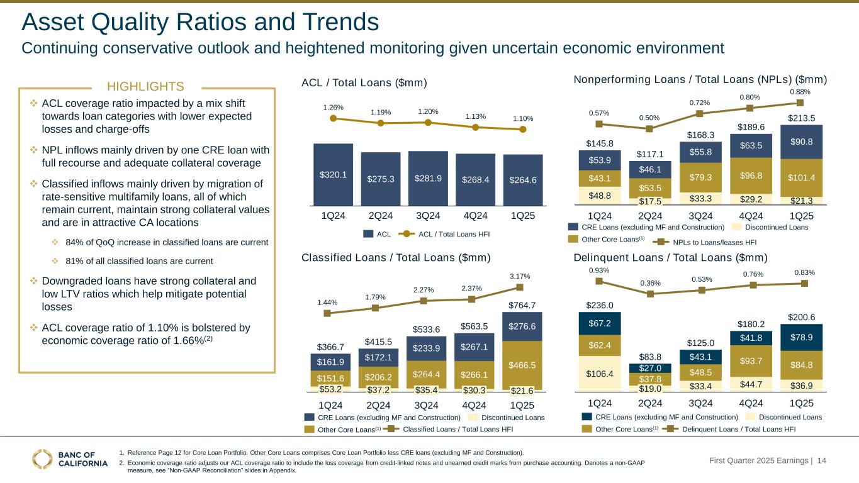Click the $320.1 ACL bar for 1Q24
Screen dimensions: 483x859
coord(333,174)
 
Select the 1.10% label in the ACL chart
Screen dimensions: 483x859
coord(522,118)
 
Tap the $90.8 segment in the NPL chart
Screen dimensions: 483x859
coord(800,142)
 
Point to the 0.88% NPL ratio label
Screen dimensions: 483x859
coord(800,92)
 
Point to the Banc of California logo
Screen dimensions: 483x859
coord(70,459)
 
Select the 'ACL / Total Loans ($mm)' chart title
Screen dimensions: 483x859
coord(364,83)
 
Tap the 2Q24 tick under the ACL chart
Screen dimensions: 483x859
coord(380,215)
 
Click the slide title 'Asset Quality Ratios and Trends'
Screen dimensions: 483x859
coord(200,23)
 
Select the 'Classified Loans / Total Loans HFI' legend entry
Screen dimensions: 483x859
coord(458,430)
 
